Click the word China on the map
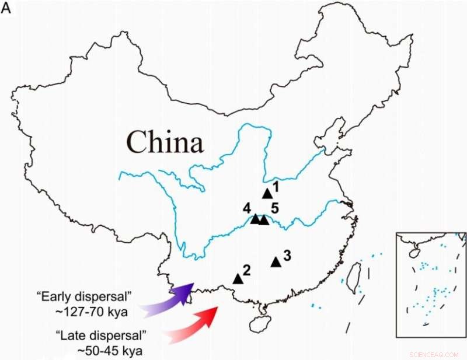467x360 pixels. (x=165, y=142)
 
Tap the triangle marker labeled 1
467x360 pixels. (x=267, y=193)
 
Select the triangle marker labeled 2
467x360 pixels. (x=238, y=279)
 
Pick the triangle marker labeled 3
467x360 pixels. (x=276, y=262)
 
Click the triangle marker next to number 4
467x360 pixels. (x=255, y=219)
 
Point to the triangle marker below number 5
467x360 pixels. (x=264, y=220)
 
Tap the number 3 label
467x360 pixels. (x=287, y=255)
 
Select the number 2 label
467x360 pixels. (x=246, y=270)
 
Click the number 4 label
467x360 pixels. (x=248, y=208)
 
